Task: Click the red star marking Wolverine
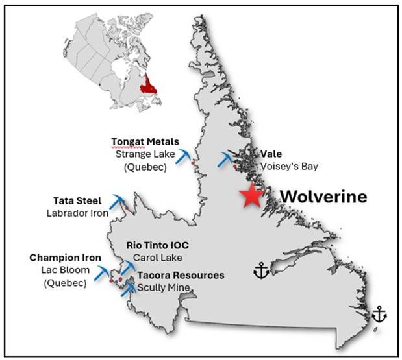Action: [251, 196]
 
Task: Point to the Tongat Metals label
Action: [145, 141]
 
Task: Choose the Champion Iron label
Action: [59, 258]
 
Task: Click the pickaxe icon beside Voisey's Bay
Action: [227, 159]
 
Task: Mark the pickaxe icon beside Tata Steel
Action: [118, 202]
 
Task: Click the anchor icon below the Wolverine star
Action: [260, 270]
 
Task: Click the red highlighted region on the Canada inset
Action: [151, 84]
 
